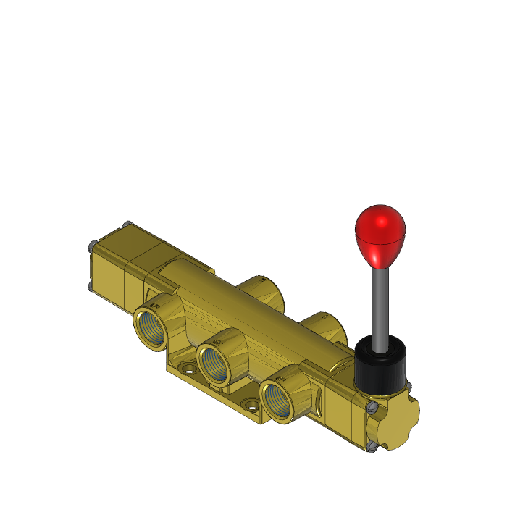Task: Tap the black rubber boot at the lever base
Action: (x=380, y=366)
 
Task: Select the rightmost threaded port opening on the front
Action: (x=278, y=398)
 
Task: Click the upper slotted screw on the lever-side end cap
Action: (x=372, y=409)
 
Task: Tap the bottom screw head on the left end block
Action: (x=90, y=286)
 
